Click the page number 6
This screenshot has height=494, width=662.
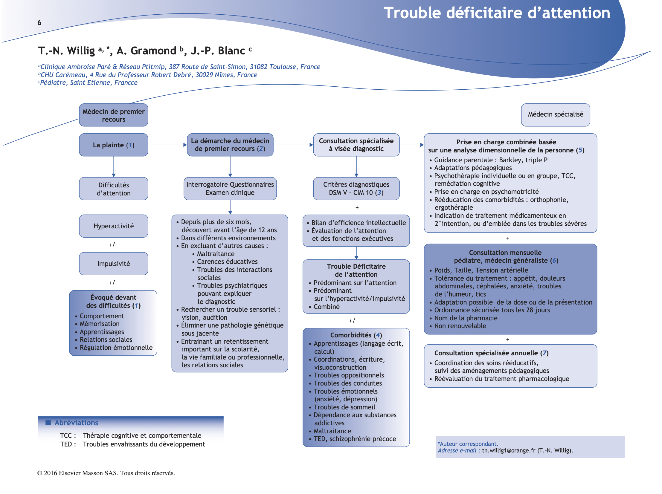(x=39, y=22)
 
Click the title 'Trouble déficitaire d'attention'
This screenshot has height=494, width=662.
(x=497, y=13)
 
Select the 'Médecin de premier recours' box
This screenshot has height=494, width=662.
(x=113, y=115)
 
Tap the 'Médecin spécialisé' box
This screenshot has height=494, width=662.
(x=555, y=114)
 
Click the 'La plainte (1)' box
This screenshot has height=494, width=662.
(x=113, y=145)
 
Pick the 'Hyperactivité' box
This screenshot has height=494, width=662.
(x=113, y=226)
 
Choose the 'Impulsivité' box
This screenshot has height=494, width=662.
(x=113, y=264)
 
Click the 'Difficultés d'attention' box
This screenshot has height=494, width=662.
(x=113, y=189)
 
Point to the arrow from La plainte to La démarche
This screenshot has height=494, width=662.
(x=167, y=145)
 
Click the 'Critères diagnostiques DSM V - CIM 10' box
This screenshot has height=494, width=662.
(x=356, y=189)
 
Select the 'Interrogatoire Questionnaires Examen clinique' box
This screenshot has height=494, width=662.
(x=230, y=189)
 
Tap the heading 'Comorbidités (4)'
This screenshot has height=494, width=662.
(x=356, y=335)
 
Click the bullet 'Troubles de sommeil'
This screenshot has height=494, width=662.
(x=344, y=407)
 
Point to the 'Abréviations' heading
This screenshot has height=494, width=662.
(x=76, y=423)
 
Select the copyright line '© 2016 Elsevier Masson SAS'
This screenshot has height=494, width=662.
(x=106, y=473)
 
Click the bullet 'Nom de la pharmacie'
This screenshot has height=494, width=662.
(x=466, y=318)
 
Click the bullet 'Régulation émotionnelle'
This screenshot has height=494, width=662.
(x=116, y=348)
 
